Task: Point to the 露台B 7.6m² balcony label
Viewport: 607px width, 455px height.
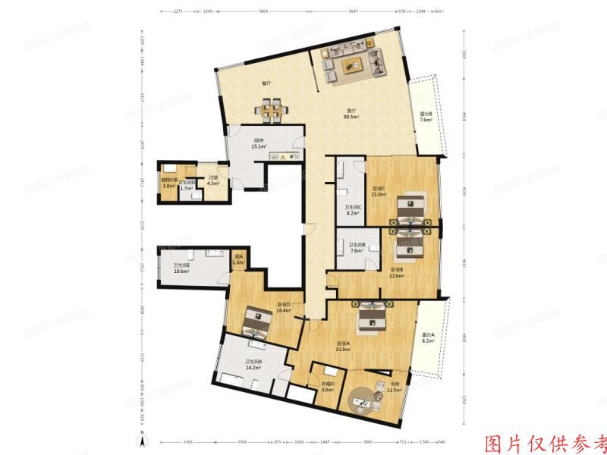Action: tap(426, 117)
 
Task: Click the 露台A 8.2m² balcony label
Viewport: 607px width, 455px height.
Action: tap(429, 338)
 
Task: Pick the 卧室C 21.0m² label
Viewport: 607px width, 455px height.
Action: tap(379, 192)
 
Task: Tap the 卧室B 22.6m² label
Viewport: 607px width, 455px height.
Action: tap(397, 272)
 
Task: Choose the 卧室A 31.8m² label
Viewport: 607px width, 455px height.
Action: tap(344, 347)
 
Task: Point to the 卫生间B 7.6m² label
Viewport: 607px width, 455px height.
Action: tap(357, 247)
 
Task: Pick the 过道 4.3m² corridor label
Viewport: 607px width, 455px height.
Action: tap(213, 180)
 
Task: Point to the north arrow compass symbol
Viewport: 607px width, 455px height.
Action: tap(141, 439)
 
